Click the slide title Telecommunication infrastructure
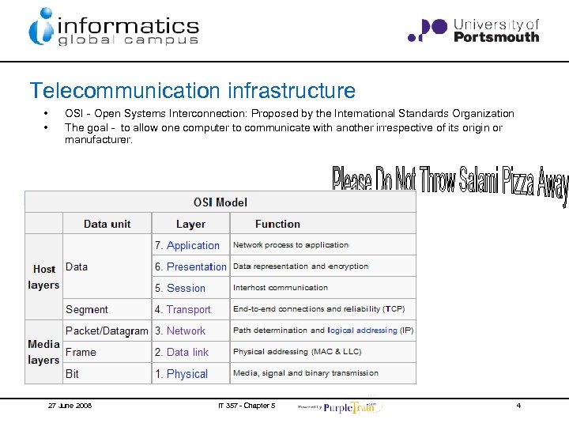(192, 92)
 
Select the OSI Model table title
(220, 202)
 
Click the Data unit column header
(107, 224)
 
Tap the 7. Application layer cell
(187, 245)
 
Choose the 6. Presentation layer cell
(190, 266)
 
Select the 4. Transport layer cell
(183, 309)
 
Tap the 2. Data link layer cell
(182, 352)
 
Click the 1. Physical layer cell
(181, 373)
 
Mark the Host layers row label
(44, 277)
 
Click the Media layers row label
(43, 352)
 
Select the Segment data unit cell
(87, 309)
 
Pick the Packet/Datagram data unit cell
(107, 331)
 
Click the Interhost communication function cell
(281, 288)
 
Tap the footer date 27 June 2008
(70, 406)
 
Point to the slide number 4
(518, 406)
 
